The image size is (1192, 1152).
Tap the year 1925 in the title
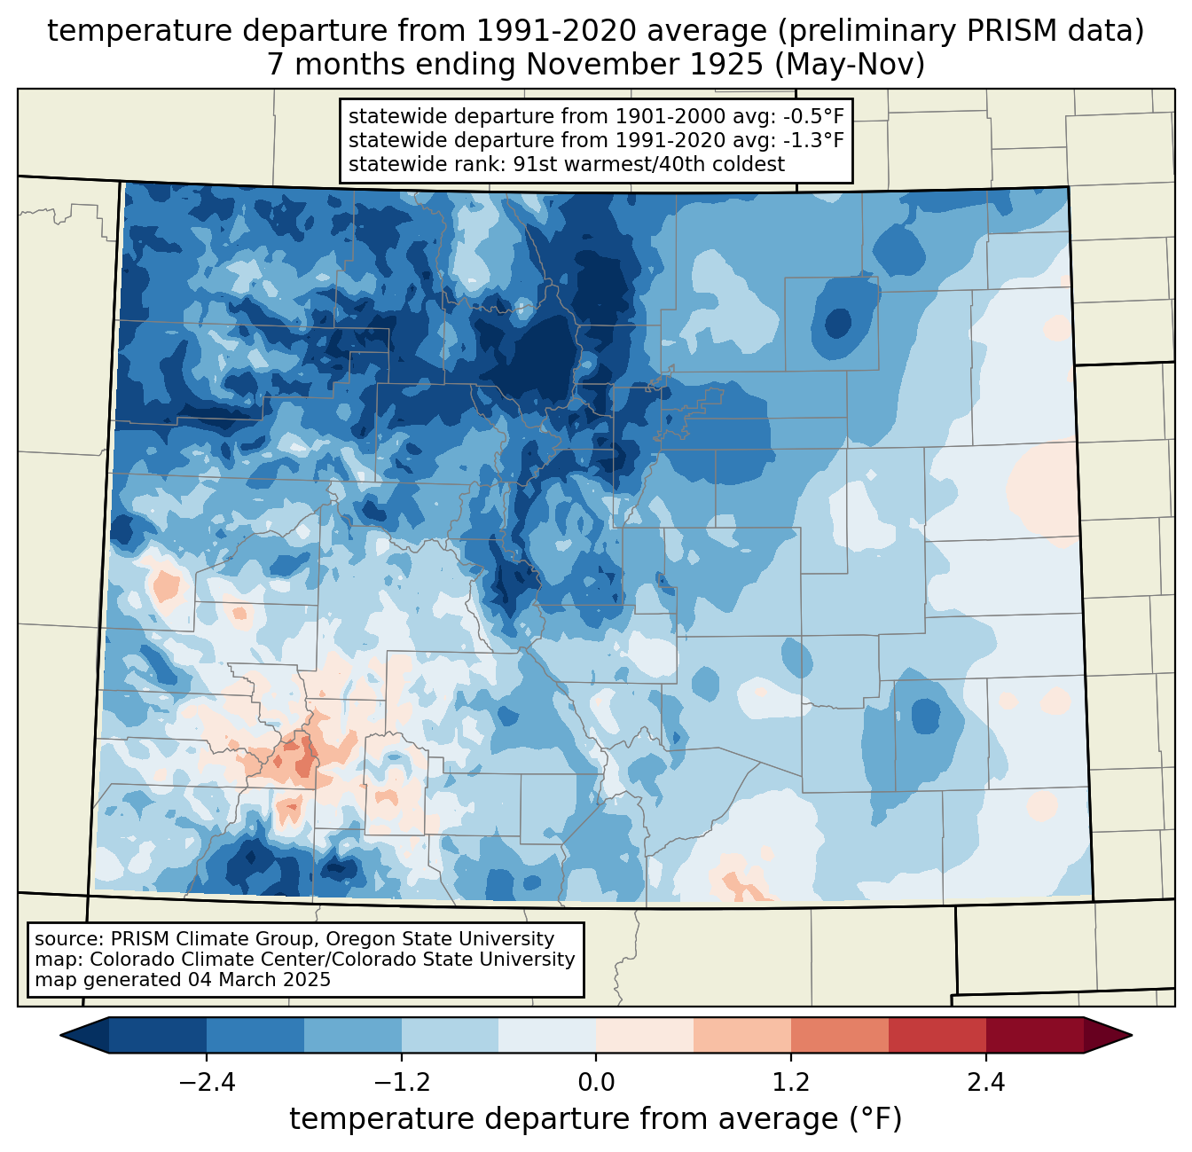730,65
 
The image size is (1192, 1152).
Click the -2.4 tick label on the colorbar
207,1083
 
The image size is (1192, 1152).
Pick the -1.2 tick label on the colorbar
402,1083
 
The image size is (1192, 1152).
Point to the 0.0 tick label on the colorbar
596,1083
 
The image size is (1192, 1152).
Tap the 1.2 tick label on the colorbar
790,1083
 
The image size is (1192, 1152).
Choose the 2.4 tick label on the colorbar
985,1083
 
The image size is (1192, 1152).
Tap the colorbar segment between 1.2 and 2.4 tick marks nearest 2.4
937,1035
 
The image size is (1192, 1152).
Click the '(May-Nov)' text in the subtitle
850,65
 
